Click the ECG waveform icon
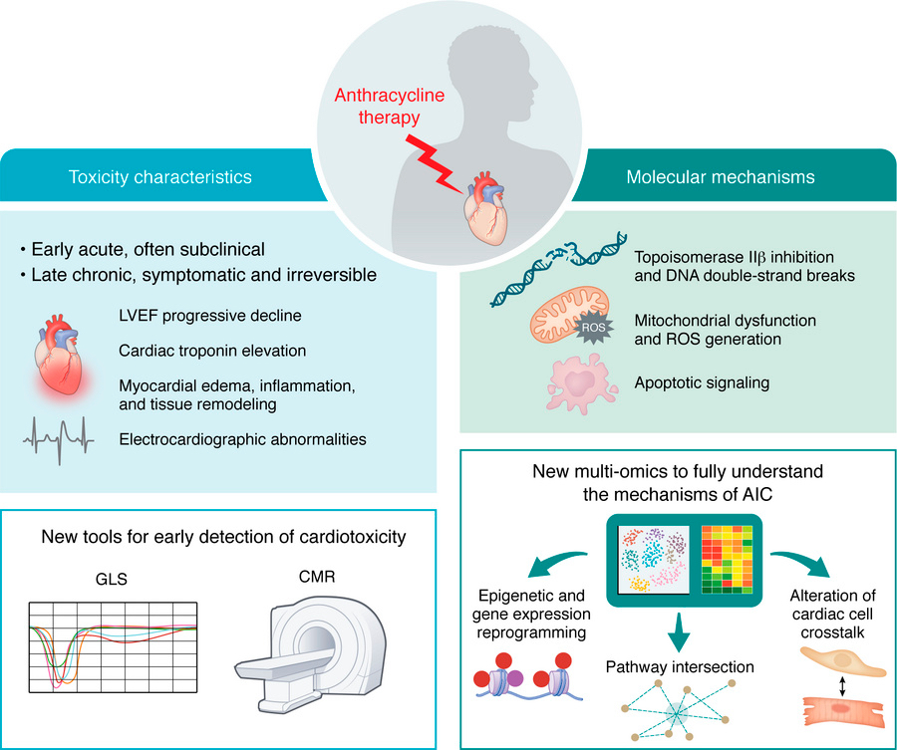[x=65, y=435]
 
